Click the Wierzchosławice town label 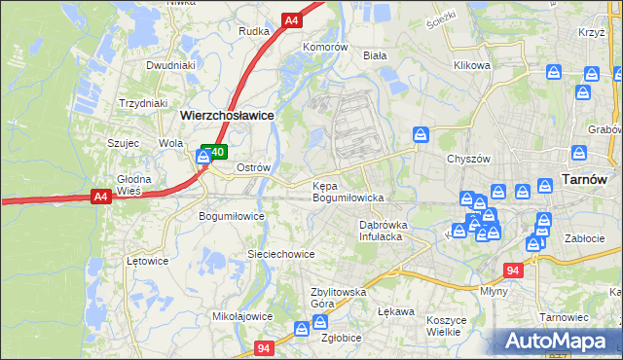coord(227,114)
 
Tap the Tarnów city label coord(585,180)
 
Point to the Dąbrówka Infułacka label coord(388,230)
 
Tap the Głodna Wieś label coord(134,185)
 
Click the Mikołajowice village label coord(242,316)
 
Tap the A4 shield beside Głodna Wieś coord(100,197)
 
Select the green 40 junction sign coord(215,152)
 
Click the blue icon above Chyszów coord(421,134)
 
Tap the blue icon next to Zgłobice coord(320,322)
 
